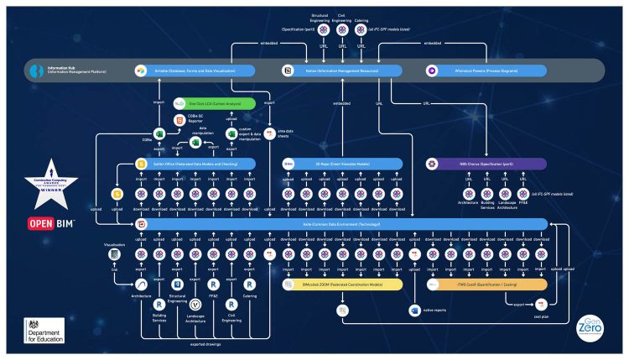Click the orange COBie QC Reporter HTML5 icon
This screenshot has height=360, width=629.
pos(178,122)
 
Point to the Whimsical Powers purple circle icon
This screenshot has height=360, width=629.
pos(432,71)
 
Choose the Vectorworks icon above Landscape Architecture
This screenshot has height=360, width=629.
pos(195,304)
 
